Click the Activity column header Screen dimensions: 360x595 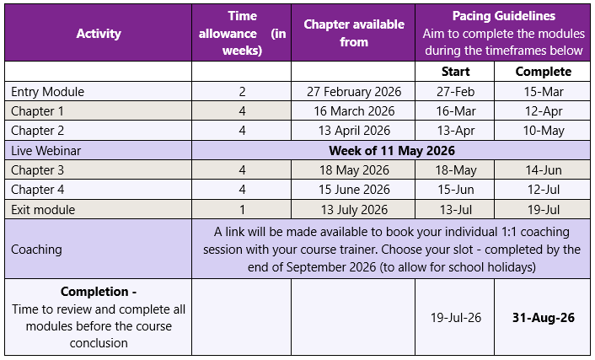click(99, 34)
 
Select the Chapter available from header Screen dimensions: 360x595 click(354, 34)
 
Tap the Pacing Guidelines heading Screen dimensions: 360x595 click(504, 16)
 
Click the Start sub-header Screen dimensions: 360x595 click(455, 72)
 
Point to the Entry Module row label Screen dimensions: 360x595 click(47, 92)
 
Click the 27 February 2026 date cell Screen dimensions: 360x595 click(354, 92)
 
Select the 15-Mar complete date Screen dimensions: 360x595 click(544, 92)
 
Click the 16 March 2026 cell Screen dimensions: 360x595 click(354, 111)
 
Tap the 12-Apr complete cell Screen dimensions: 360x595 click(544, 111)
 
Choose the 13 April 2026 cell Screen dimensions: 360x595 click(354, 131)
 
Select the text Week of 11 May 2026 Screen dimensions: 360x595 click(392, 151)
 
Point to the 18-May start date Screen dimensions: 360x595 click(455, 170)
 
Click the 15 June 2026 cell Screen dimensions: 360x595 click(354, 190)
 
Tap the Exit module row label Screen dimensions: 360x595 click(43, 210)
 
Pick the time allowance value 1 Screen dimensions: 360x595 click(242, 210)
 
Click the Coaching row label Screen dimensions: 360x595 click(36, 250)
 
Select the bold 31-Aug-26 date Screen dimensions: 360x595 click(544, 319)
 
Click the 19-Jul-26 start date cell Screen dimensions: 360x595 click(455, 319)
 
